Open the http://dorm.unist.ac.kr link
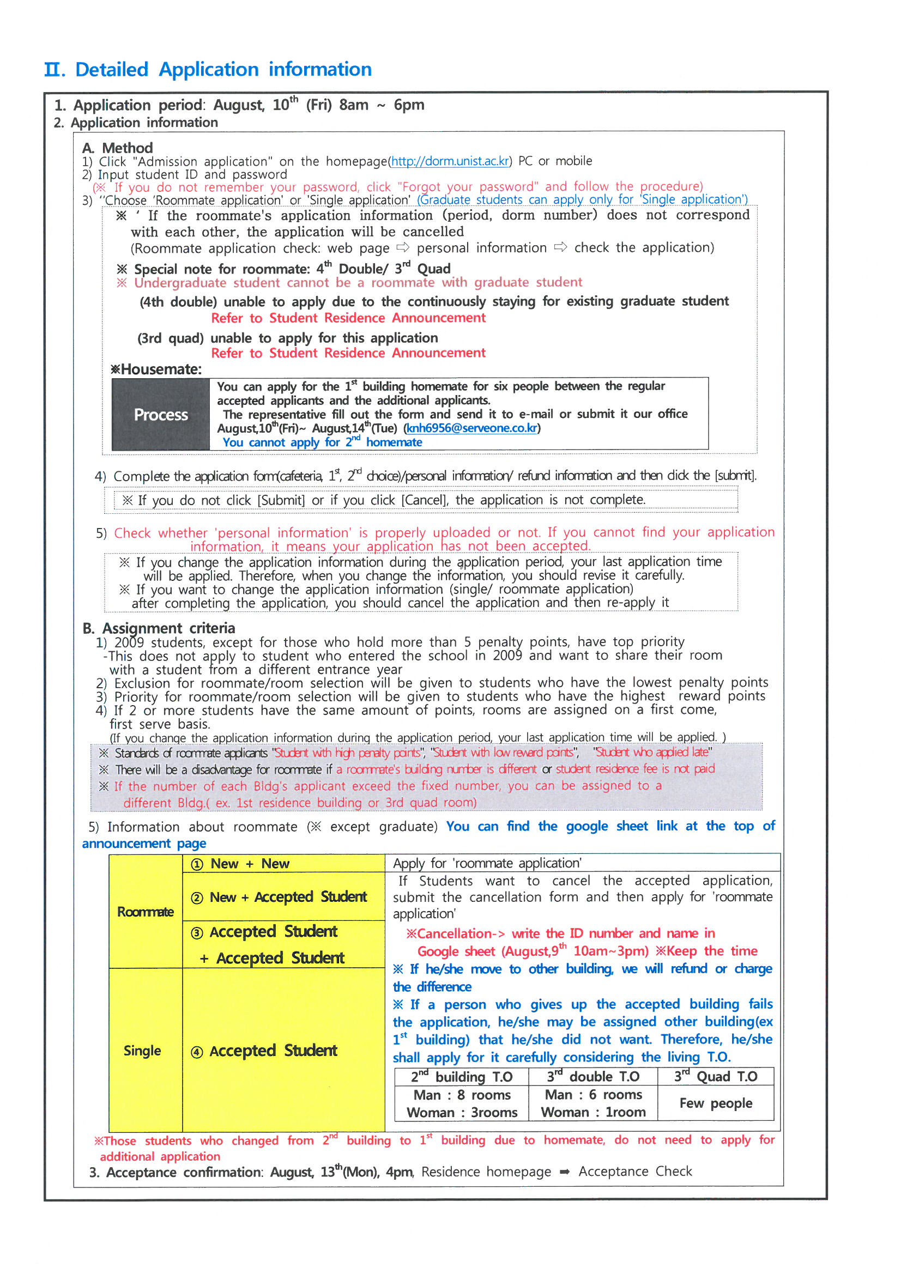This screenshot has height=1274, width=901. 450,161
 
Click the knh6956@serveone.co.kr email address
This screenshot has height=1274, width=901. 471,428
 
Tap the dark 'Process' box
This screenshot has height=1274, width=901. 161,415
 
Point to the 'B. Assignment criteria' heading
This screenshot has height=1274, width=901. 159,628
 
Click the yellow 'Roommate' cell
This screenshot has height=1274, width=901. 146,912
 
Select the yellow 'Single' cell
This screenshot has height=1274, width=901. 143,1051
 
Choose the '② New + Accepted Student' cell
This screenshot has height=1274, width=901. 283,897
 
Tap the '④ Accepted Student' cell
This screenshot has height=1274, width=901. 283,1051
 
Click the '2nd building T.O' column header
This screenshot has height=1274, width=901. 461,1077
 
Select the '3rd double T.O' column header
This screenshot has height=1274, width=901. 593,1077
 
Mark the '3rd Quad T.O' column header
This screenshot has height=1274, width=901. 716,1077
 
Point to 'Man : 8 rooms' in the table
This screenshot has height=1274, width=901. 462,1095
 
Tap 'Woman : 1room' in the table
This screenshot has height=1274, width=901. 593,1113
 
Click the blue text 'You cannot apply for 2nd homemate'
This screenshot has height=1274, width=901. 322,443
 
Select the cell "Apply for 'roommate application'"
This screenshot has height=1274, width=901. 487,863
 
